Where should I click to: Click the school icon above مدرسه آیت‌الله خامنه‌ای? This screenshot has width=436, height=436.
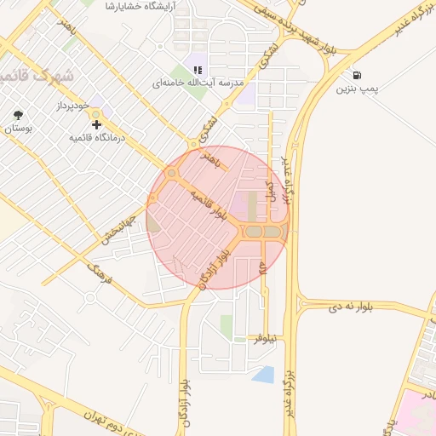pyautogui.click(x=198, y=71)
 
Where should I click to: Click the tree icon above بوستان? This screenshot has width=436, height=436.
pyautogui.click(x=18, y=115)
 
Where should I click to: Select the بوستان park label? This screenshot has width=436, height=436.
pyautogui.click(x=18, y=129)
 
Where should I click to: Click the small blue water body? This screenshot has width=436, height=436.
pyautogui.click(x=264, y=374)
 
